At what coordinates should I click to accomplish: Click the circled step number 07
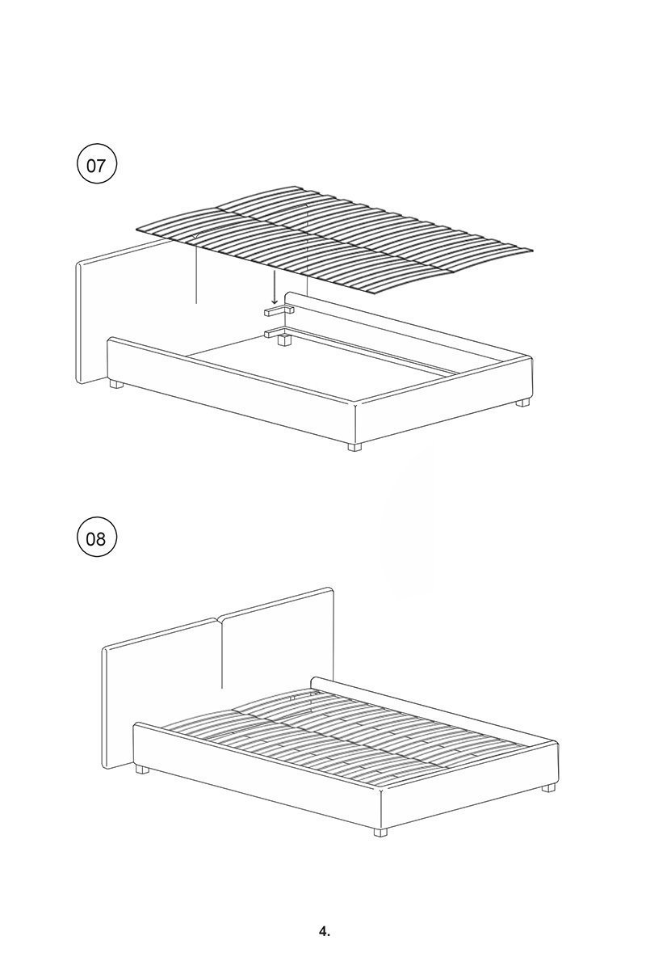coord(96,166)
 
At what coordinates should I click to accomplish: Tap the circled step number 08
coord(96,538)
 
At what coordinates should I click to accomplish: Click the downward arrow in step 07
coord(275,287)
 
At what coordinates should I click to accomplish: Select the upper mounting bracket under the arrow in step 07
coord(279,310)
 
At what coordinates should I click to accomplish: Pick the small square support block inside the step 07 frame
coord(284,340)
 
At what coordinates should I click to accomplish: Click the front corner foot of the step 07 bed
coord(354,446)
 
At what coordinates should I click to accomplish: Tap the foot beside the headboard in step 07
coord(116,384)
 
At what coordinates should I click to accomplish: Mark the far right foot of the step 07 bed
coord(522,402)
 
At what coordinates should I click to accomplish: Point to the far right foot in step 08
coord(548,787)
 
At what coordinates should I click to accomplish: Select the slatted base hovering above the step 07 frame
coord(334,239)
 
